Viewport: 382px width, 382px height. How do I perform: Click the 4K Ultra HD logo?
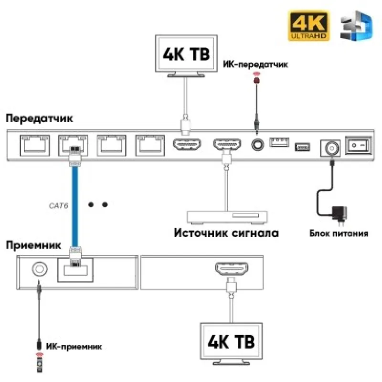point(308,26)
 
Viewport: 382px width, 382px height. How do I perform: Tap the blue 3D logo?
point(356,26)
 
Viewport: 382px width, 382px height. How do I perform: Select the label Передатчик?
point(39,118)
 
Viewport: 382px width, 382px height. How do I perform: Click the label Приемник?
point(33,245)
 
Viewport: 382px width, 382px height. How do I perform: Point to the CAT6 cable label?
point(58,206)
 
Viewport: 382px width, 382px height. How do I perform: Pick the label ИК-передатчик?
point(255,64)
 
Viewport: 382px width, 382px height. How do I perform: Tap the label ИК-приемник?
point(74,347)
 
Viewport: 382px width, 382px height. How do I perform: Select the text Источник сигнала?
point(226,233)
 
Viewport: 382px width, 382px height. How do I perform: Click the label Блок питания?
point(339,233)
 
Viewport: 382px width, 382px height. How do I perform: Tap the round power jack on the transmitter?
point(330,148)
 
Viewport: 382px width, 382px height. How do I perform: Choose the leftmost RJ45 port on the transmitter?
point(34,146)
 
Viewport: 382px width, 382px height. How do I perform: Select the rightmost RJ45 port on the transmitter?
point(150,146)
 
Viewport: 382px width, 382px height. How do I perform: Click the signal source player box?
point(227,217)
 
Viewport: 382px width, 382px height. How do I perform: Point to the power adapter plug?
point(340,214)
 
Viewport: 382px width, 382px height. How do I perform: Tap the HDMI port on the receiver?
point(232,268)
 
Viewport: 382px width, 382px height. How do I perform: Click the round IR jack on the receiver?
point(40,269)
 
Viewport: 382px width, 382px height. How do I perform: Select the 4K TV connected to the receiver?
point(231,343)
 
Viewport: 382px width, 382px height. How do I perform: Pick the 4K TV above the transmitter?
point(186,56)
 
